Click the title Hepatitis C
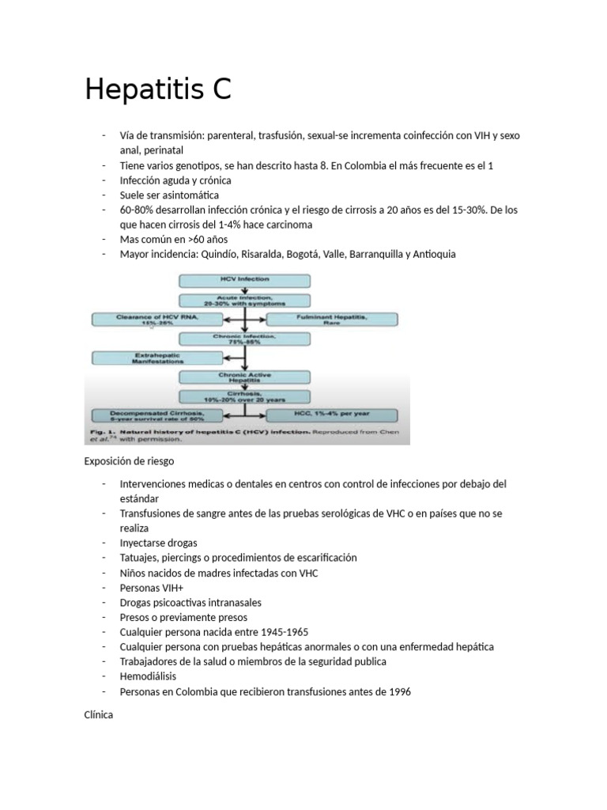[x=158, y=90]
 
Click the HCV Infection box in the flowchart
[x=246, y=280]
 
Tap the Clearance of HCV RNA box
[x=159, y=319]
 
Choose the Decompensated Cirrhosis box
[x=159, y=415]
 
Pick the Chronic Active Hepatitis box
[x=246, y=377]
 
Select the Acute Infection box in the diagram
[x=246, y=300]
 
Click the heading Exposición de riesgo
[x=129, y=460]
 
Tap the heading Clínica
[x=99, y=714]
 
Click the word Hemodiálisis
[x=149, y=676]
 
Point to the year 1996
[x=399, y=691]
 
